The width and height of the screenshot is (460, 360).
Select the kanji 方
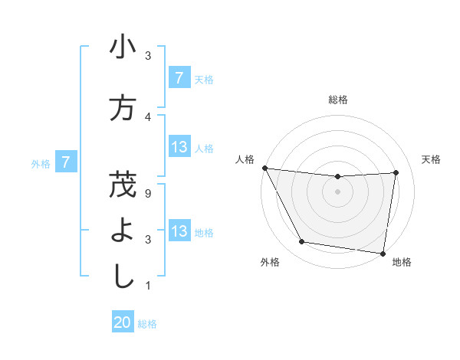coord(123,107)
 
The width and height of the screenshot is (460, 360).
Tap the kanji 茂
coord(123,185)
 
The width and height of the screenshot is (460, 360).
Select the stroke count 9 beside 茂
coord(148,193)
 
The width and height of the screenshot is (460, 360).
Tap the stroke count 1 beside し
coord(148,286)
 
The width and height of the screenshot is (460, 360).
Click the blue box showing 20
coord(123,323)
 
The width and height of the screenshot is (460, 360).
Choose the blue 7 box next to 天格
coord(179,78)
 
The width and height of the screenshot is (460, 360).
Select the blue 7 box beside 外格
coord(67,162)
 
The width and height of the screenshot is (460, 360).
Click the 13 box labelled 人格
coord(179,148)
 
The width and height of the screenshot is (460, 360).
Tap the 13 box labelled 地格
coord(179,232)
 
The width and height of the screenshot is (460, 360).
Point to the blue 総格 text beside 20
coord(147,324)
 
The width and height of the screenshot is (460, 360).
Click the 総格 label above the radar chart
coord(337,100)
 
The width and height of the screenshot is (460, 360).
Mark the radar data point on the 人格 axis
coord(264,168)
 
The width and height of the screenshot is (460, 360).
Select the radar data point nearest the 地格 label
coord(383,253)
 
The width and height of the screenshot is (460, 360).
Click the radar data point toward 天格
coord(396,172)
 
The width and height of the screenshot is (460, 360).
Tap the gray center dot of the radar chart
coord(337,191)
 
